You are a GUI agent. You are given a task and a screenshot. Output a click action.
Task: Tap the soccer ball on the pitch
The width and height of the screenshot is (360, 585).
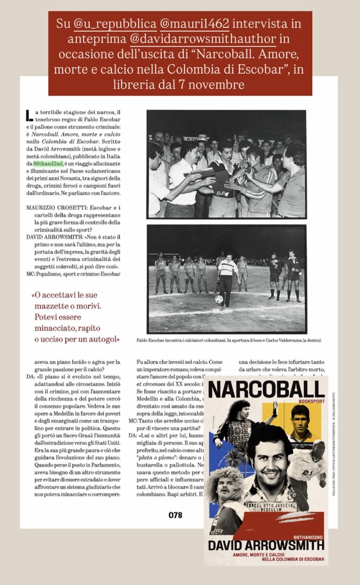(219, 299)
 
